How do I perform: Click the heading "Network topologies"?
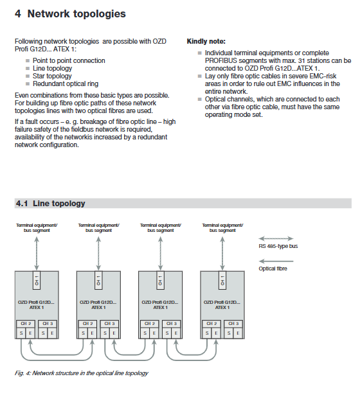[76, 13]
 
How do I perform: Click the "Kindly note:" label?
[206, 41]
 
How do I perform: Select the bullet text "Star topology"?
[52, 76]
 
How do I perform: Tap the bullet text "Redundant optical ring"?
[66, 84]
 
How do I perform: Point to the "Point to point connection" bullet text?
[69, 60]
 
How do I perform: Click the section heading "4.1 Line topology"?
[51, 204]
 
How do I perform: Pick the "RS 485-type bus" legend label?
[278, 246]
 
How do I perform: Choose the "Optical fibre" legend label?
[273, 269]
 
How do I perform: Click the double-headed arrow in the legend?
[276, 238]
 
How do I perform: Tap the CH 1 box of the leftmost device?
[37, 280]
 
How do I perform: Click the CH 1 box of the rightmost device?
[222, 280]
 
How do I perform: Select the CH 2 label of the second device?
[87, 324]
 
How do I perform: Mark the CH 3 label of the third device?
[171, 324]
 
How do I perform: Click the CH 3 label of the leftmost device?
[48, 324]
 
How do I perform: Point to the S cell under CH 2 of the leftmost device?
[21, 333]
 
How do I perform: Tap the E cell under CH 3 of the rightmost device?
[238, 333]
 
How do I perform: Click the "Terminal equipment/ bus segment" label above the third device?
[161, 228]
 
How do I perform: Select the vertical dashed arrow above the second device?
[98, 254]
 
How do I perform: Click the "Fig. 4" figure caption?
[82, 373]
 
